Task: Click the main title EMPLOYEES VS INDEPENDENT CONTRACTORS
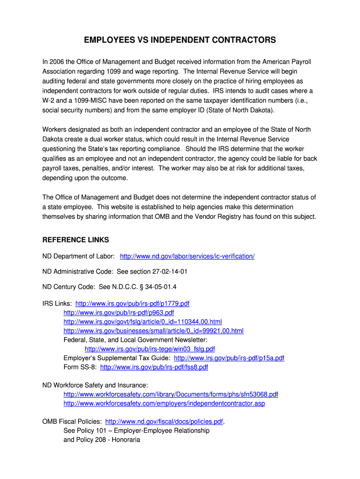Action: click(180, 41)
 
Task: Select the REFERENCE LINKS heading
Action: click(76, 240)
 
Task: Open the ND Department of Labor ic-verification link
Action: click(187, 256)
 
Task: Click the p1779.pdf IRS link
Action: click(132, 304)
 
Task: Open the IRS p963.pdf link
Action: click(119, 312)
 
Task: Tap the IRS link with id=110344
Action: click(143, 322)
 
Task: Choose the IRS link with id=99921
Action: click(153, 331)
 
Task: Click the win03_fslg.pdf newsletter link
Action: click(150, 349)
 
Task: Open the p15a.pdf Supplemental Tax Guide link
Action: click(229, 358)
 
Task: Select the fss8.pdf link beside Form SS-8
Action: click(154, 367)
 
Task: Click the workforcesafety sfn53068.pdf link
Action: click(171, 394)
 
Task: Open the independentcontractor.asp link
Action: click(164, 403)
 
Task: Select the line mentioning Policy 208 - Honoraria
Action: click(102, 440)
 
